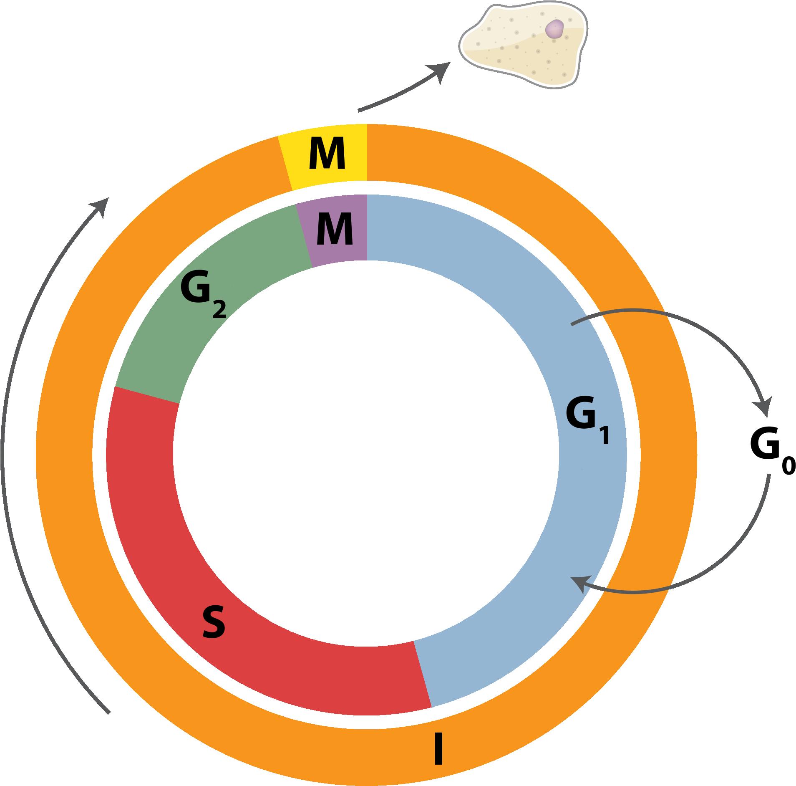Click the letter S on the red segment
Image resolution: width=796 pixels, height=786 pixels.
point(214,622)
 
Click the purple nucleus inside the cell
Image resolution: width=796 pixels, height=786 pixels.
point(554,29)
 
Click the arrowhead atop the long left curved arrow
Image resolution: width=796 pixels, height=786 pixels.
point(102,205)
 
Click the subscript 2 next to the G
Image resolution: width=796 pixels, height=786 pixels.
point(219,309)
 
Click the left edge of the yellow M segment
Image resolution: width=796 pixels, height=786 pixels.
point(285,163)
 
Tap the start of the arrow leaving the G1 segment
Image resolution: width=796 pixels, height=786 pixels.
point(572,324)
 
